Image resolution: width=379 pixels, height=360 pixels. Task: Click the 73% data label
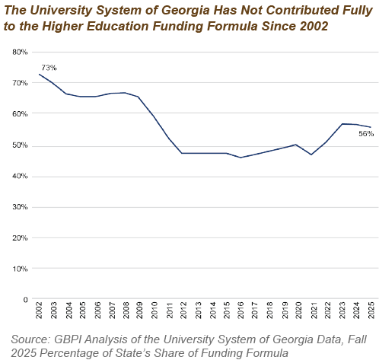(49, 68)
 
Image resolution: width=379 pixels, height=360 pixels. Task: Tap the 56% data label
(366, 134)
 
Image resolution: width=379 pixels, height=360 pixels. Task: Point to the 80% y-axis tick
(20, 52)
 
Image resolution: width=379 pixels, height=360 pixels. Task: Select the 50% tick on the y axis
(20, 145)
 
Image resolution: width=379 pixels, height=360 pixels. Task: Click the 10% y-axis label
(20, 269)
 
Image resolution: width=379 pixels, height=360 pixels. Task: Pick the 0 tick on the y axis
(25, 300)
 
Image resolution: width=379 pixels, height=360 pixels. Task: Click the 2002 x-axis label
(39, 310)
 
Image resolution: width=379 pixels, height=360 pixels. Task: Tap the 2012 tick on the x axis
(183, 310)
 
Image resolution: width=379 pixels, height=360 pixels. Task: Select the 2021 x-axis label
(314, 310)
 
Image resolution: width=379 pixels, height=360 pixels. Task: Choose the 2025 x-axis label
(371, 310)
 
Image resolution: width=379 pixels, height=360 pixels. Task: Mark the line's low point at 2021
(311, 155)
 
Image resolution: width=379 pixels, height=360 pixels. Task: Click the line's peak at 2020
(295, 145)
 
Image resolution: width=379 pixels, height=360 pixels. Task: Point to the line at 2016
(240, 158)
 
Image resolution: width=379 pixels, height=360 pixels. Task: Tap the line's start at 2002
(39, 74)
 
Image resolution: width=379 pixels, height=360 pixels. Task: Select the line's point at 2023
(342, 124)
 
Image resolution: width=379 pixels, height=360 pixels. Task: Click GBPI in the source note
(68, 339)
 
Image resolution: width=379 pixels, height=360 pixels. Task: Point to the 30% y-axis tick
(20, 207)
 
